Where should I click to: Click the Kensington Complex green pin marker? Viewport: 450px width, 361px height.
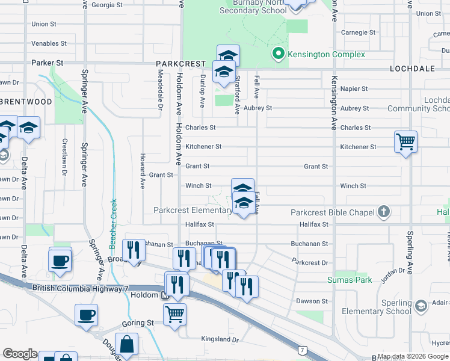(x=278, y=55)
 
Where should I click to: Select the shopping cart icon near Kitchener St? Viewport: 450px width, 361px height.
(x=406, y=143)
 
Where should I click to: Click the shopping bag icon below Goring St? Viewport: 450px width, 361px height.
(x=128, y=345)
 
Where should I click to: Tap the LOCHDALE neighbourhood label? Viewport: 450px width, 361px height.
(x=412, y=69)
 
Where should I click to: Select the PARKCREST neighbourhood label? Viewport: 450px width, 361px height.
(x=180, y=63)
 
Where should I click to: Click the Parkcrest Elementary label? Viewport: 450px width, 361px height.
(x=193, y=211)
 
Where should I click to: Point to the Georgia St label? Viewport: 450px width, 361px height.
(x=107, y=5)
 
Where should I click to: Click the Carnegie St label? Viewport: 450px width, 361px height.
(x=358, y=32)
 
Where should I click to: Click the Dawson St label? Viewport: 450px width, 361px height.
(x=312, y=301)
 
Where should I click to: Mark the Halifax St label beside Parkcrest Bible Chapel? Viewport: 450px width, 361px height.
(x=315, y=224)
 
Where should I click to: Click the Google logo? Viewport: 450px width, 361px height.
(x=20, y=354)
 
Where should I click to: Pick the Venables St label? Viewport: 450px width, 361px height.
(x=49, y=43)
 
